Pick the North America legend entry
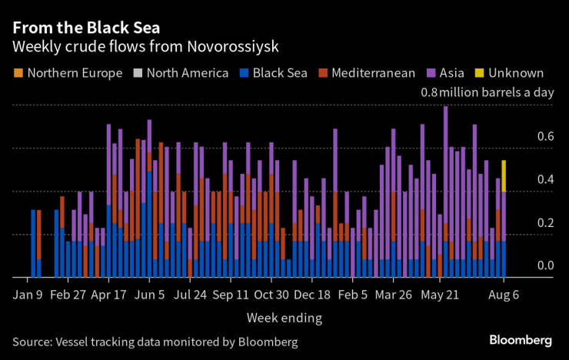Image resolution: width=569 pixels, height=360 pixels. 181,74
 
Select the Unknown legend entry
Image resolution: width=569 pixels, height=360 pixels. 512,74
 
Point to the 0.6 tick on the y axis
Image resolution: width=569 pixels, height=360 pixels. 546,136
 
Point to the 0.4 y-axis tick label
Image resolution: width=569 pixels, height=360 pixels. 546,179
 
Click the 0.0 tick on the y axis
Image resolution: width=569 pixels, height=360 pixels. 546,265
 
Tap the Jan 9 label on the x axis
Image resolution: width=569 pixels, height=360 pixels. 28,295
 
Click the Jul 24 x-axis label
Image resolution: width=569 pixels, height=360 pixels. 191,295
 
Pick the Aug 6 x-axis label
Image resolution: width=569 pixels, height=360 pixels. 504,295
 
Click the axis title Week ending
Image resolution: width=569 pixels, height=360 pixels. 284,318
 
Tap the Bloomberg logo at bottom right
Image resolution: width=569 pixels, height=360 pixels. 521,340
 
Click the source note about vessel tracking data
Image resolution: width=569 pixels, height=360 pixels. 155,341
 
